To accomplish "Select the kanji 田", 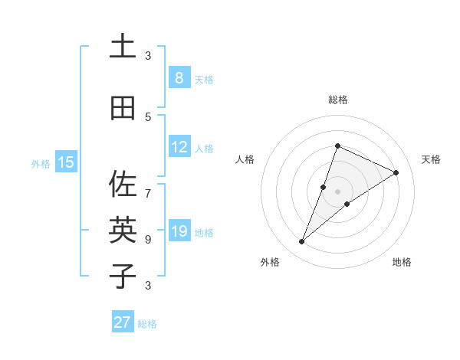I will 123,108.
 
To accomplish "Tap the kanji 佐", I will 123,184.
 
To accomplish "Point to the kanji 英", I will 123,229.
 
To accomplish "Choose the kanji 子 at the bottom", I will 123,275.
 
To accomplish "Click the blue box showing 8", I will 179,78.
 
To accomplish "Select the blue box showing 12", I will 179,147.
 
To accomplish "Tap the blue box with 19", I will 179,231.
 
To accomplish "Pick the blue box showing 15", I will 66,162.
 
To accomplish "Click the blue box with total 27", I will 123,322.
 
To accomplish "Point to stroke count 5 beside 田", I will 148,116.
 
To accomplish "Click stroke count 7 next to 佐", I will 148,186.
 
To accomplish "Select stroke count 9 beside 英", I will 148,239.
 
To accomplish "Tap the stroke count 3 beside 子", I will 148,286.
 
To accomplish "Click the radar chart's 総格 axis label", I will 338,100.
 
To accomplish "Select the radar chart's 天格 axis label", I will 431,159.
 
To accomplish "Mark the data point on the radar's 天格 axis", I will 396,172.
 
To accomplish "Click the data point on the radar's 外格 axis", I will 302,242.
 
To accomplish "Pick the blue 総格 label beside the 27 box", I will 147,324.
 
